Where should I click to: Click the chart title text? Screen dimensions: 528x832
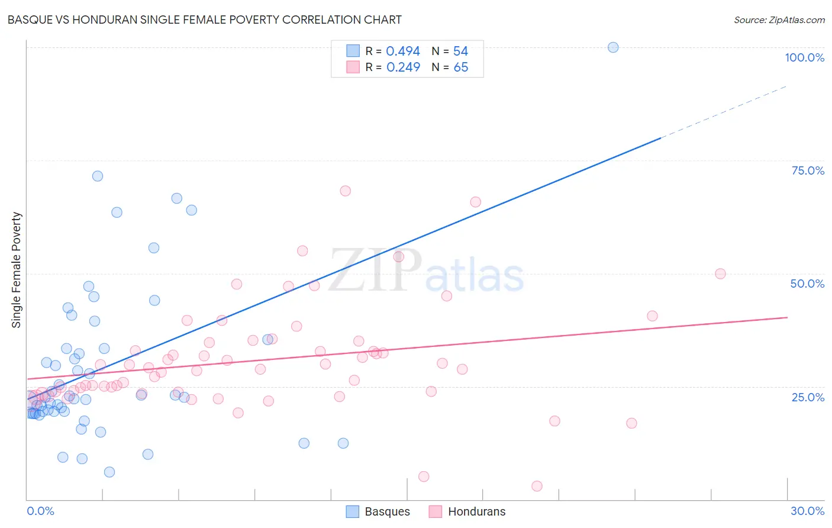click(204, 20)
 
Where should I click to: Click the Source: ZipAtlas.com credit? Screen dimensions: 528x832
click(779, 20)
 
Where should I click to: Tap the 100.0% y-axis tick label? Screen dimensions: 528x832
click(804, 57)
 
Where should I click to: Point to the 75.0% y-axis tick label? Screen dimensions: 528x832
click(808, 170)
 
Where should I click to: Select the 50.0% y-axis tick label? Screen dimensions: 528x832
click(807, 284)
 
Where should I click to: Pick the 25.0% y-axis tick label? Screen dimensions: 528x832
click(808, 397)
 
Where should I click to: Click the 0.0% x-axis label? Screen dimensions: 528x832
click(40, 511)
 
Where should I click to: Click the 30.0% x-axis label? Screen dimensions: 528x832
click(807, 511)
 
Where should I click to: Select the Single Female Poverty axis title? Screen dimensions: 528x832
click(17, 270)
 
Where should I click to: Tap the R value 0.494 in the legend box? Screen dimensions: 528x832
click(403, 51)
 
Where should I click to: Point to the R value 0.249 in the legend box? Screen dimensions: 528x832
click(403, 67)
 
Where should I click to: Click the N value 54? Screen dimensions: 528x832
click(460, 51)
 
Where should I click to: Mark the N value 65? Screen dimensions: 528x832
click(460, 67)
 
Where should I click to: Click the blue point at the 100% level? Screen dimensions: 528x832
click(613, 47)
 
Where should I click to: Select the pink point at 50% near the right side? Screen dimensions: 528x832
click(720, 273)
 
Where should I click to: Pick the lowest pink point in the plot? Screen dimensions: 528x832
click(537, 486)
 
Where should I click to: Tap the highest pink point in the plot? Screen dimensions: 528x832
click(346, 191)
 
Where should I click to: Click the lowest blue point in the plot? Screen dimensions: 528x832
click(109, 472)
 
